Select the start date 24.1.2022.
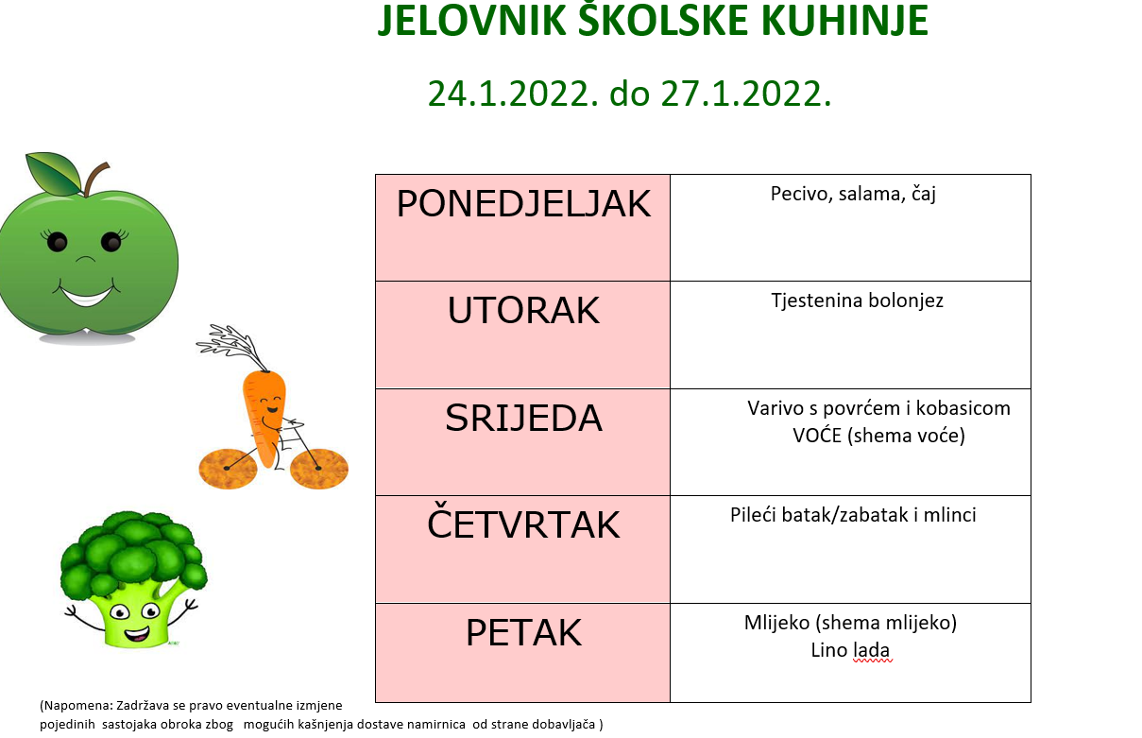click(x=512, y=94)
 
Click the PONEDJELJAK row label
click(x=523, y=204)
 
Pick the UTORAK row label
click(x=523, y=310)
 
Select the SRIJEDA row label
click(x=523, y=418)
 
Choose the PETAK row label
click(x=523, y=632)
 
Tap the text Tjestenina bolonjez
click(x=857, y=300)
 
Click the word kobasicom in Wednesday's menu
click(x=963, y=408)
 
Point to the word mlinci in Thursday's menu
click(x=950, y=515)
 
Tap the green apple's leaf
click(x=54, y=174)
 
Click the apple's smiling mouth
click(x=86, y=295)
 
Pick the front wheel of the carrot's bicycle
click(x=319, y=469)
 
